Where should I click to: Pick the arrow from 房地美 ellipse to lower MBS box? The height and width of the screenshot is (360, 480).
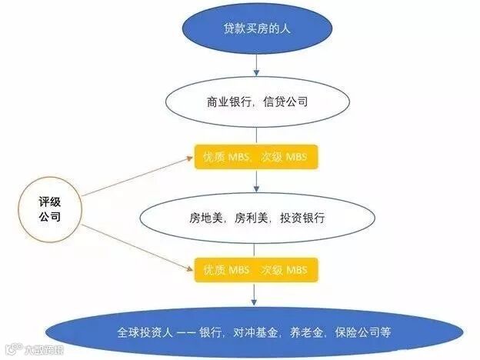tap(256, 248)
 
